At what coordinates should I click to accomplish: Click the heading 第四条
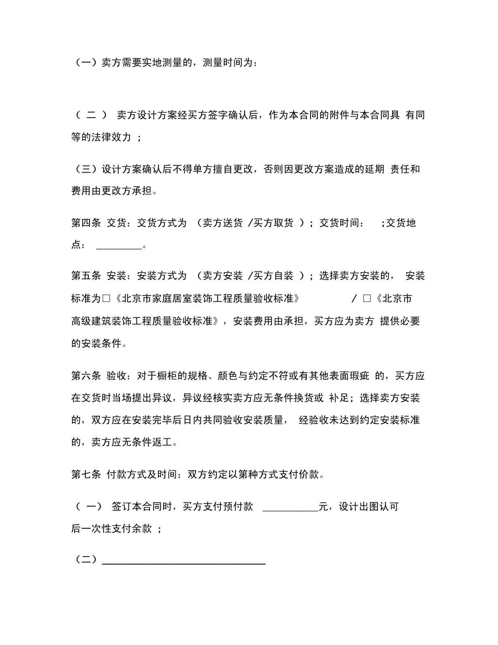[86, 223]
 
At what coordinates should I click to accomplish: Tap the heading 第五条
[86, 276]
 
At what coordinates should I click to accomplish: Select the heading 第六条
[86, 376]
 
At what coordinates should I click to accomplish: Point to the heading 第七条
[86, 474]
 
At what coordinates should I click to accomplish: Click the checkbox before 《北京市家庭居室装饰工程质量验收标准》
[106, 299]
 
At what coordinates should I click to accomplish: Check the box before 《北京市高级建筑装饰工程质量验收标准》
[367, 299]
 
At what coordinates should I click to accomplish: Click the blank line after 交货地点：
[119, 246]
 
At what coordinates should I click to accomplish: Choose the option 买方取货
[273, 223]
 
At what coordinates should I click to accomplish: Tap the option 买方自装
[273, 276]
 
